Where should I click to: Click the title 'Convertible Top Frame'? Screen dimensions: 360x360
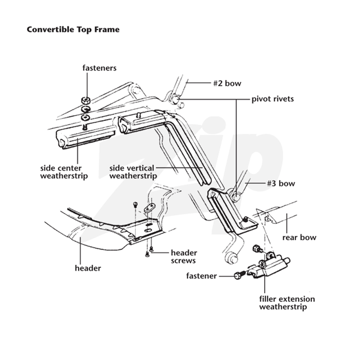(73, 30)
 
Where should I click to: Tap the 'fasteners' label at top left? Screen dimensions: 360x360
(99, 68)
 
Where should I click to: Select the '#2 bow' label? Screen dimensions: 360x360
(227, 83)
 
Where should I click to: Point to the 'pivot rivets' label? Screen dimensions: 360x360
(273, 99)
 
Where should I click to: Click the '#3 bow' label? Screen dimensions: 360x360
(281, 184)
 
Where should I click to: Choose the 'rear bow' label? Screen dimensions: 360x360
(299, 238)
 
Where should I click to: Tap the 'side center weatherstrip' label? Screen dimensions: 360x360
(64, 172)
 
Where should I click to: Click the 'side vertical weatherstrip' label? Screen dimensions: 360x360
(133, 172)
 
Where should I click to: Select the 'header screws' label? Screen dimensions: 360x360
(184, 256)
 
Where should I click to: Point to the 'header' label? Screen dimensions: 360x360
(88, 268)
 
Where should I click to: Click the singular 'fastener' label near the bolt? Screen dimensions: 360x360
(201, 276)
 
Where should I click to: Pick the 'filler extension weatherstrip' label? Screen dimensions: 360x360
(287, 303)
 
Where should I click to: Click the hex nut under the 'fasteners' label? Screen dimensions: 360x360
(85, 100)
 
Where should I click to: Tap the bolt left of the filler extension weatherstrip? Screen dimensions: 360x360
(239, 275)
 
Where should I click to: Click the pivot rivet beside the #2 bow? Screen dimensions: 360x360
(176, 99)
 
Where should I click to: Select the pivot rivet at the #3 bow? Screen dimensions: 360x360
(235, 197)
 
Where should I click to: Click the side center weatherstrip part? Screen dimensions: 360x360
(86, 139)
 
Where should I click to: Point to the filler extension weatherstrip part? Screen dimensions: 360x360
(269, 266)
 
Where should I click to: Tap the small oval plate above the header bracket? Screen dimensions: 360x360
(149, 207)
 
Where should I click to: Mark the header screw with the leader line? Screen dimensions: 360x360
(151, 249)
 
